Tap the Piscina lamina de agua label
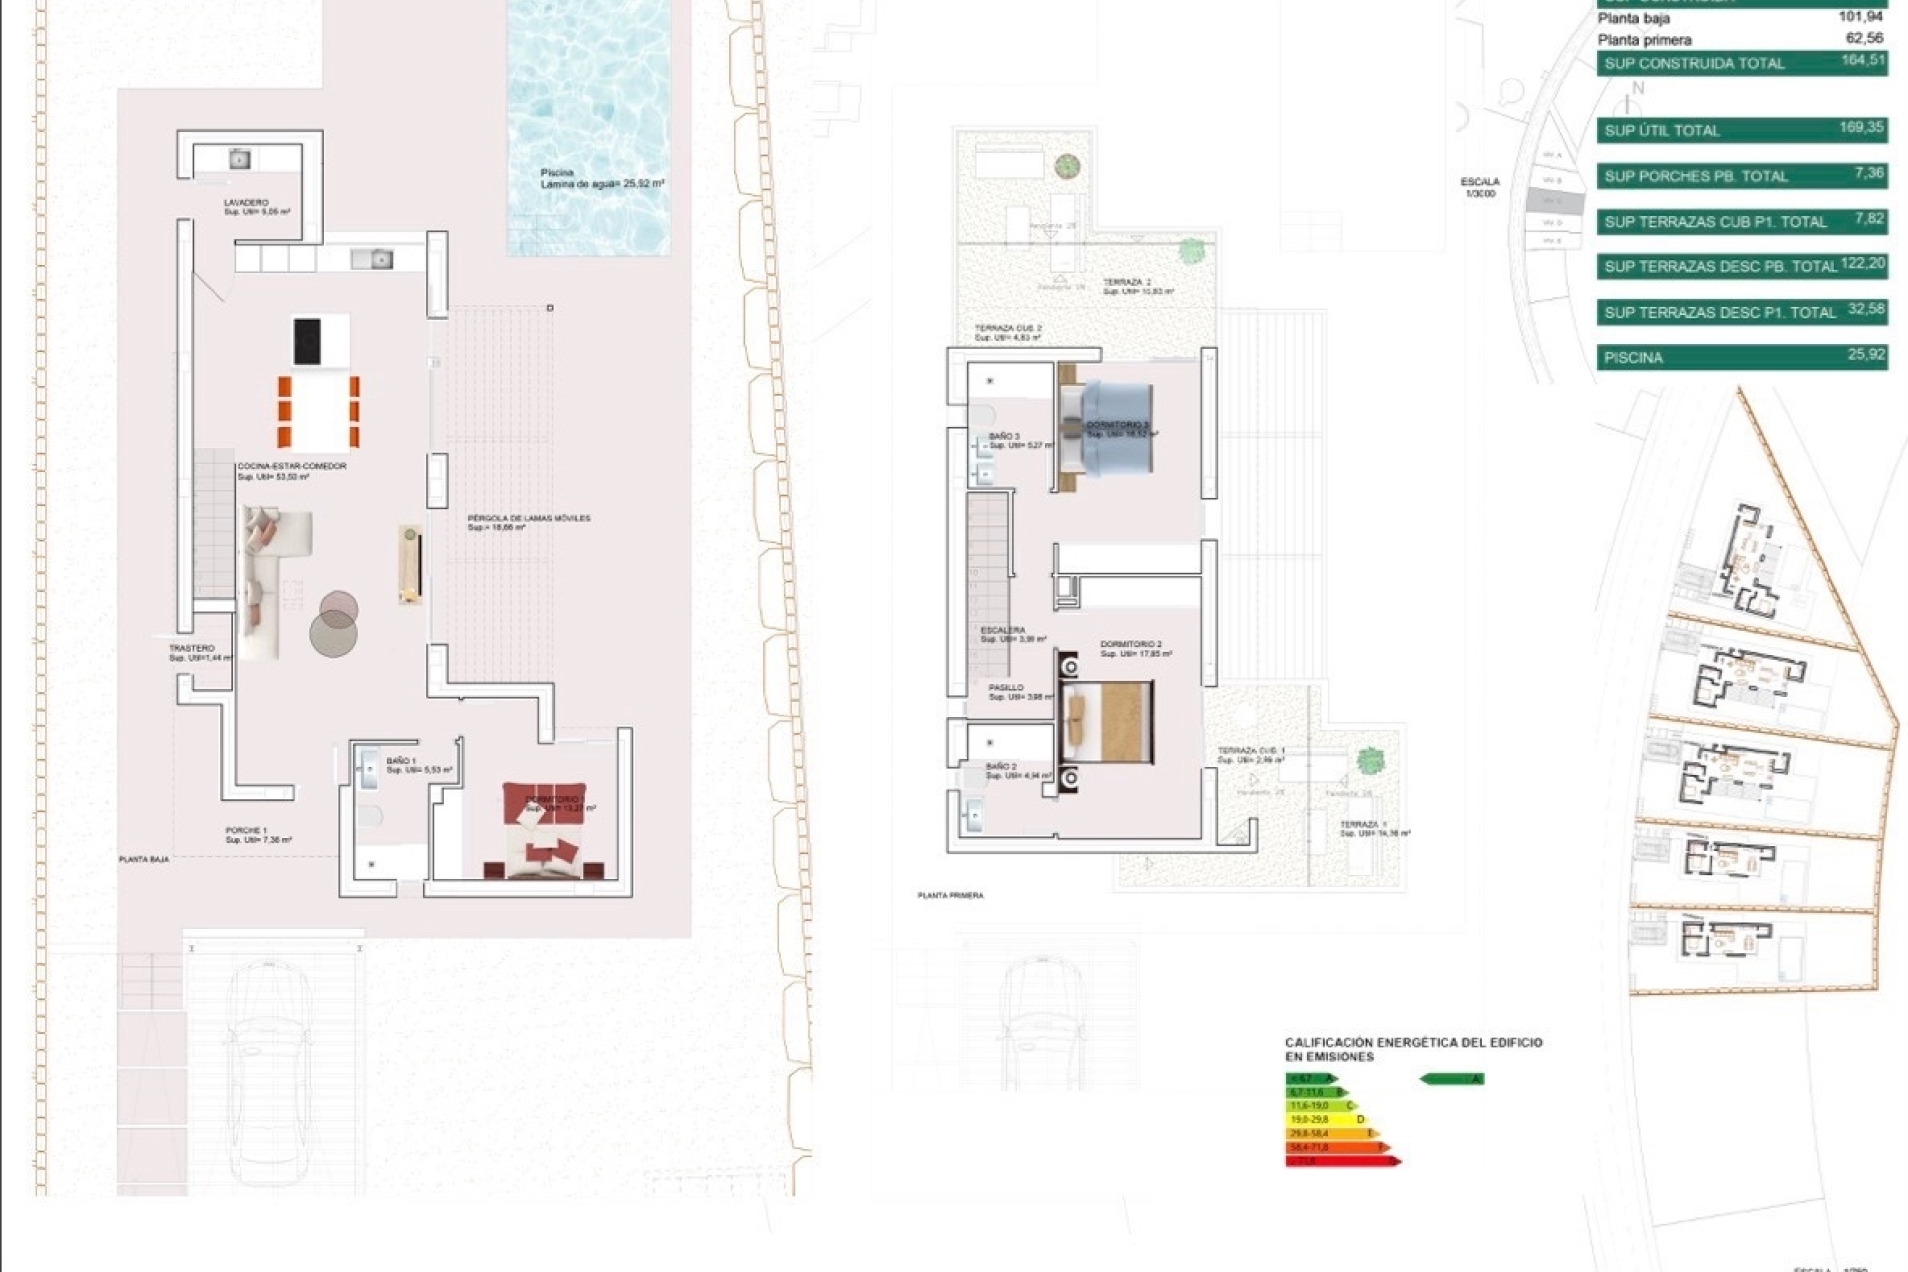[600, 179]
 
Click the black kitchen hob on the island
[307, 341]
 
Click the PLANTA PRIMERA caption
[950, 896]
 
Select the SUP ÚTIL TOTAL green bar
[1741, 130]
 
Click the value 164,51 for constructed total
[1861, 60]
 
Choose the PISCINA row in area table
[1741, 357]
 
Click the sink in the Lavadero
[238, 159]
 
